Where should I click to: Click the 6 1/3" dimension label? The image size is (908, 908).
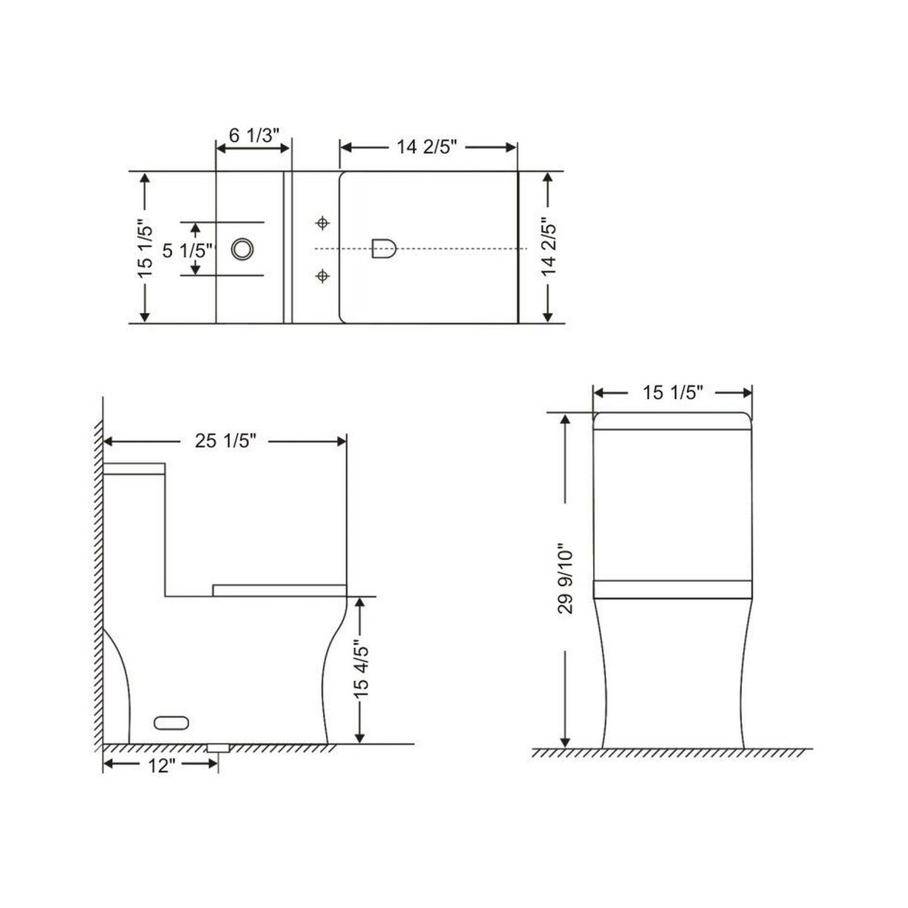pos(254,135)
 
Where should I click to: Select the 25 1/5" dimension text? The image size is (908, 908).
pos(225,441)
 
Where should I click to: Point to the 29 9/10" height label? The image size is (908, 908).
pos(566,578)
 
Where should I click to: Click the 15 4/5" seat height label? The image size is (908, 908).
pos(360,669)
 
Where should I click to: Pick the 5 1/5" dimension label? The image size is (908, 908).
pos(187,251)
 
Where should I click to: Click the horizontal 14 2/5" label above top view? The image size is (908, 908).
pos(426,147)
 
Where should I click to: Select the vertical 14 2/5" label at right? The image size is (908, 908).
pos(549,248)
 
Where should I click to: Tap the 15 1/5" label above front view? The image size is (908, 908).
pos(672,393)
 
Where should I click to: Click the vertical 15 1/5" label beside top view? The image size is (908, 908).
pos(145,248)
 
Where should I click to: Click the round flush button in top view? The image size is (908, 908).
pos(242,249)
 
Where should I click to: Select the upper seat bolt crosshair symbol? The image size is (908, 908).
pos(322,223)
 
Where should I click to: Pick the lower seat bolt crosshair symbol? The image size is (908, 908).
pos(322,275)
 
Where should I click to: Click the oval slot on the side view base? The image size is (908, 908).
pos(172,723)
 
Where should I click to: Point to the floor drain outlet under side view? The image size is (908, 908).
pos(218,747)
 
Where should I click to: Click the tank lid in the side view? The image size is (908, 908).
pos(134,469)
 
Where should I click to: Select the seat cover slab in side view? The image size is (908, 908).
pos(279,590)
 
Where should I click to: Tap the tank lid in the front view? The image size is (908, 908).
pos(672,420)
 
